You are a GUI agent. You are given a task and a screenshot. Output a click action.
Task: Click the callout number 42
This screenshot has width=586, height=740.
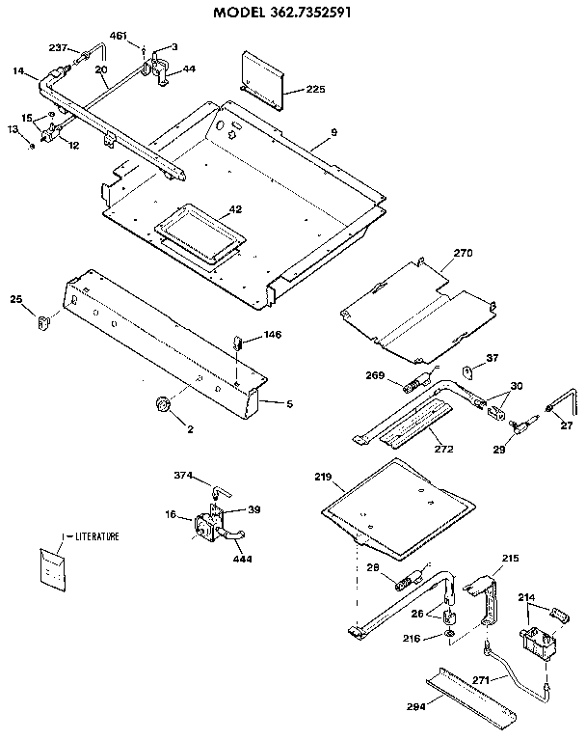(234, 209)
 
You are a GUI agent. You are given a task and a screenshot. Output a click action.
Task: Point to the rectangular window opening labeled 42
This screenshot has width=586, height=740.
(198, 234)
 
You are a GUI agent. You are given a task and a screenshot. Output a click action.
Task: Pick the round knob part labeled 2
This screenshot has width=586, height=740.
(163, 403)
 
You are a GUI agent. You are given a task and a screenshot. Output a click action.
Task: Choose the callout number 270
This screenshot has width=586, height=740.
(464, 254)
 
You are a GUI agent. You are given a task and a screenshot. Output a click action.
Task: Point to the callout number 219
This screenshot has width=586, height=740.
(322, 478)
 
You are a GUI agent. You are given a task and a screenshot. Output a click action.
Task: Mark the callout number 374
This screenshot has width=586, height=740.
(183, 476)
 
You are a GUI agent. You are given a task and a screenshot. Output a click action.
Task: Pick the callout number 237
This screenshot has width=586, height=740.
(57, 47)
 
